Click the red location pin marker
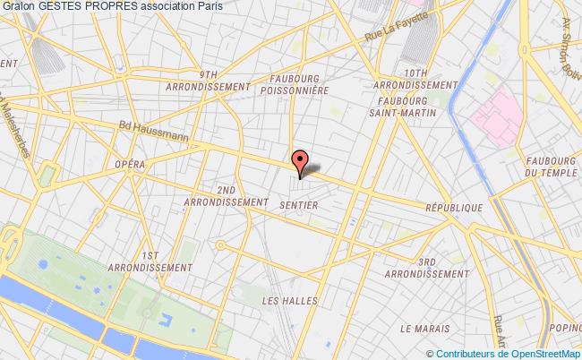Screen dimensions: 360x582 point(300,161)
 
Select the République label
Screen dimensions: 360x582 point(454,206)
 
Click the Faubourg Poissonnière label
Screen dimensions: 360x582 point(293,83)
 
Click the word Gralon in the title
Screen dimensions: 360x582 point(19,7)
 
